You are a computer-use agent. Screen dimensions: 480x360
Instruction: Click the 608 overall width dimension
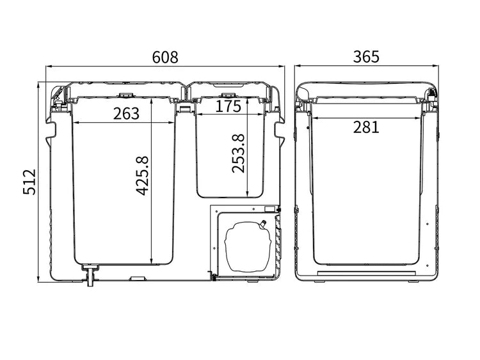[165, 57]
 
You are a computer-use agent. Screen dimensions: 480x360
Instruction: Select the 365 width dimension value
[366, 57]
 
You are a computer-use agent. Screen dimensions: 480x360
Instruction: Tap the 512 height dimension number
[29, 182]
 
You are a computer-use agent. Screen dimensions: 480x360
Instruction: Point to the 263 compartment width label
[126, 113]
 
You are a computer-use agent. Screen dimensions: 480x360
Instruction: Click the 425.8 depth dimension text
[142, 176]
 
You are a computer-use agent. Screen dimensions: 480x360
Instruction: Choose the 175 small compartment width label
[228, 106]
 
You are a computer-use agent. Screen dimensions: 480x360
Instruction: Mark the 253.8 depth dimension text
[238, 153]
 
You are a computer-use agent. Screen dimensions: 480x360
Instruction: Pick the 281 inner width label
[366, 127]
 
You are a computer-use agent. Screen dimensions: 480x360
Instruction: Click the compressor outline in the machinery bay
[248, 246]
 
